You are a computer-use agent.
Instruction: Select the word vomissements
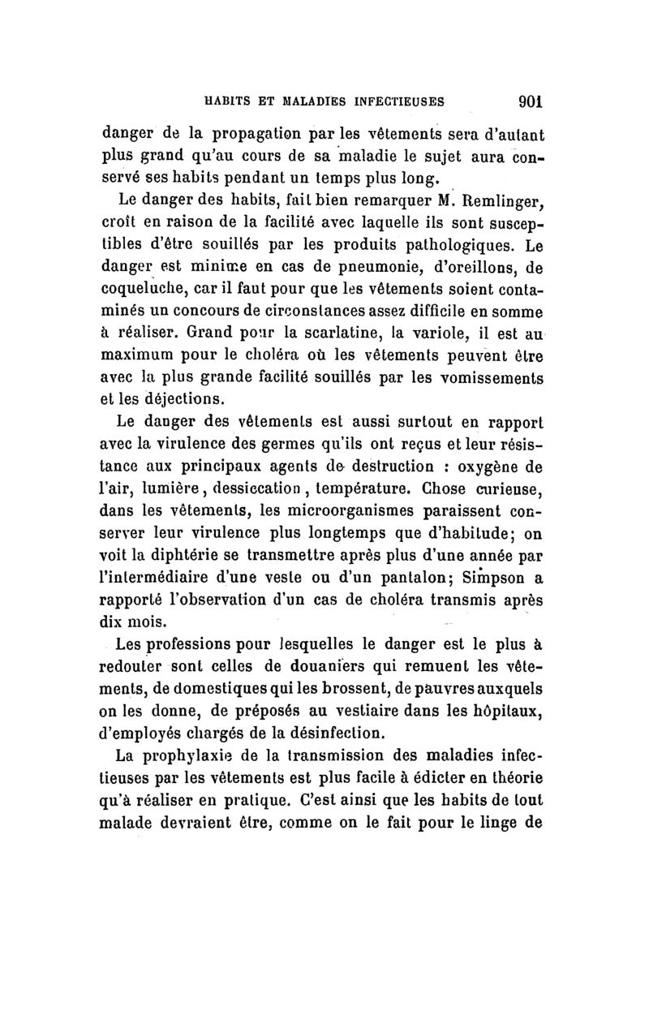pyautogui.click(x=474, y=378)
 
